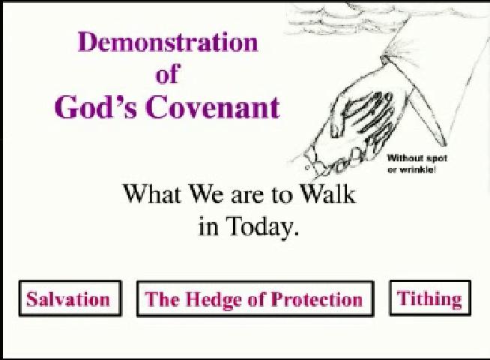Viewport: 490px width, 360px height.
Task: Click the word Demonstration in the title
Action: click(167, 42)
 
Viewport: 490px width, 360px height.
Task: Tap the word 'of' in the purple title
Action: click(168, 75)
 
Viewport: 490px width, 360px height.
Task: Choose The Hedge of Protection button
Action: click(254, 299)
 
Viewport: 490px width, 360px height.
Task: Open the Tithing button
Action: click(429, 298)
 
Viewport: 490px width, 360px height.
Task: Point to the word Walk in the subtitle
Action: click(327, 194)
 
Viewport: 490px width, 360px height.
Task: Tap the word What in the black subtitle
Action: click(151, 194)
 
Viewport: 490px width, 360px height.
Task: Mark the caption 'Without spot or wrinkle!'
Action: click(411, 164)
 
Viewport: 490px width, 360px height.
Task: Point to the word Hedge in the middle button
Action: click(211, 300)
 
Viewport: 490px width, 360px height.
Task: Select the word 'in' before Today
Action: click(208, 227)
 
